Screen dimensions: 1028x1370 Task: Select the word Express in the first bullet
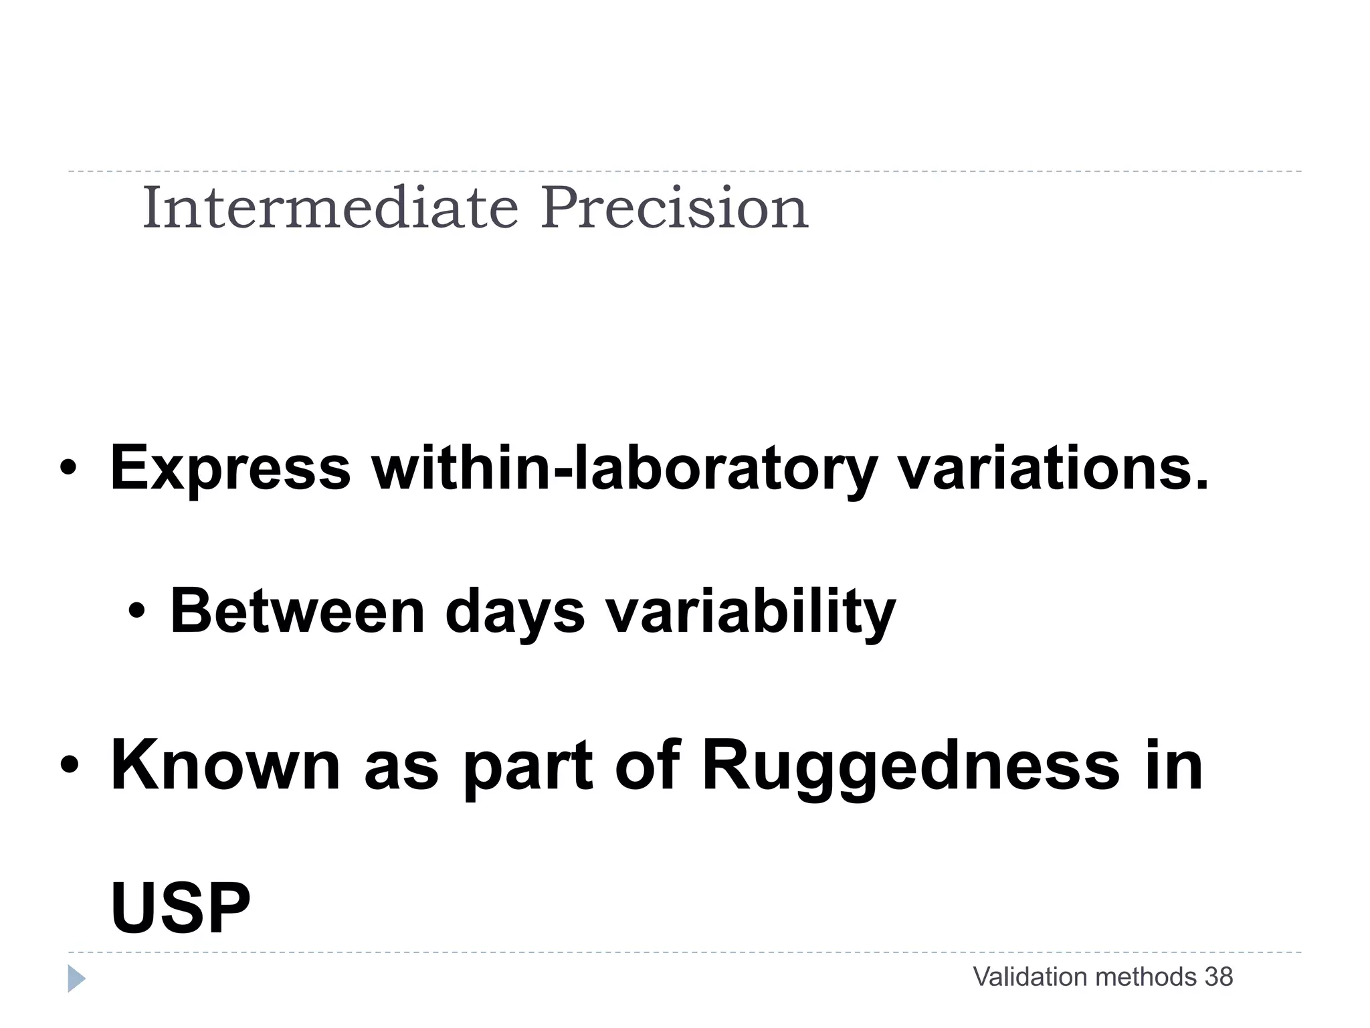coord(229,468)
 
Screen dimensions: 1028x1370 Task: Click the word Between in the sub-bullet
coord(298,611)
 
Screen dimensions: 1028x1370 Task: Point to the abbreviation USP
coord(181,909)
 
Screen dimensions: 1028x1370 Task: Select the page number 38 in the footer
coord(1219,977)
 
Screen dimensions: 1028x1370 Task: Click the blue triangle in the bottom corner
coord(76,978)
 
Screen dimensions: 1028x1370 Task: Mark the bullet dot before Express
coord(68,469)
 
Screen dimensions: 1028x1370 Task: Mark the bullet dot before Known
coord(69,765)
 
